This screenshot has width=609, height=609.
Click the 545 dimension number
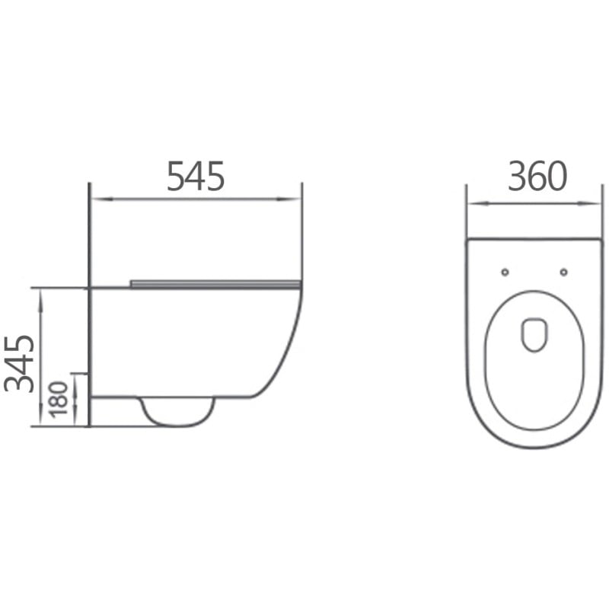(x=196, y=177)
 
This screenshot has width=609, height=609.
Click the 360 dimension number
(x=537, y=177)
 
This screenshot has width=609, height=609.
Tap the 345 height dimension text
(x=21, y=362)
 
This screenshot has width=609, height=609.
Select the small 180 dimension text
(x=59, y=399)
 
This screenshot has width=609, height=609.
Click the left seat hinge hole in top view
(x=505, y=272)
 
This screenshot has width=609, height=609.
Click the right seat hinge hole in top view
(x=563, y=272)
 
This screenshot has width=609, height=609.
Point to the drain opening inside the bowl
(x=534, y=333)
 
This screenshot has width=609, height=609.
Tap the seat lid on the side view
(x=215, y=284)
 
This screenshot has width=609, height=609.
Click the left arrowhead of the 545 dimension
(x=97, y=199)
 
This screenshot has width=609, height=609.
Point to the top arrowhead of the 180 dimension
(x=75, y=378)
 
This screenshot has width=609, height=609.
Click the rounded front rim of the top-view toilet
(x=534, y=446)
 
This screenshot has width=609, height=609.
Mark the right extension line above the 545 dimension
(x=302, y=228)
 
